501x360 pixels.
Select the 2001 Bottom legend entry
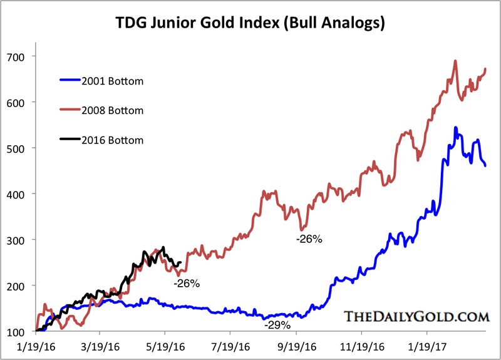coord(112,81)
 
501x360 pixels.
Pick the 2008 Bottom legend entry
coord(112,110)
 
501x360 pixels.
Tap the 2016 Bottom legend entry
coord(112,140)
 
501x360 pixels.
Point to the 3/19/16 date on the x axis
coord(101,346)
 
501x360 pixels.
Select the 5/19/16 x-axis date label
coord(165,346)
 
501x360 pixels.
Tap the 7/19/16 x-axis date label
coord(229,346)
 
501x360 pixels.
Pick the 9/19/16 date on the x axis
coord(293,346)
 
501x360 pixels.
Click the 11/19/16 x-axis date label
coord(358,346)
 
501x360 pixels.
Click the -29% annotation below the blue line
coord(277,326)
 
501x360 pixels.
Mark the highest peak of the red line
coord(455,61)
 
